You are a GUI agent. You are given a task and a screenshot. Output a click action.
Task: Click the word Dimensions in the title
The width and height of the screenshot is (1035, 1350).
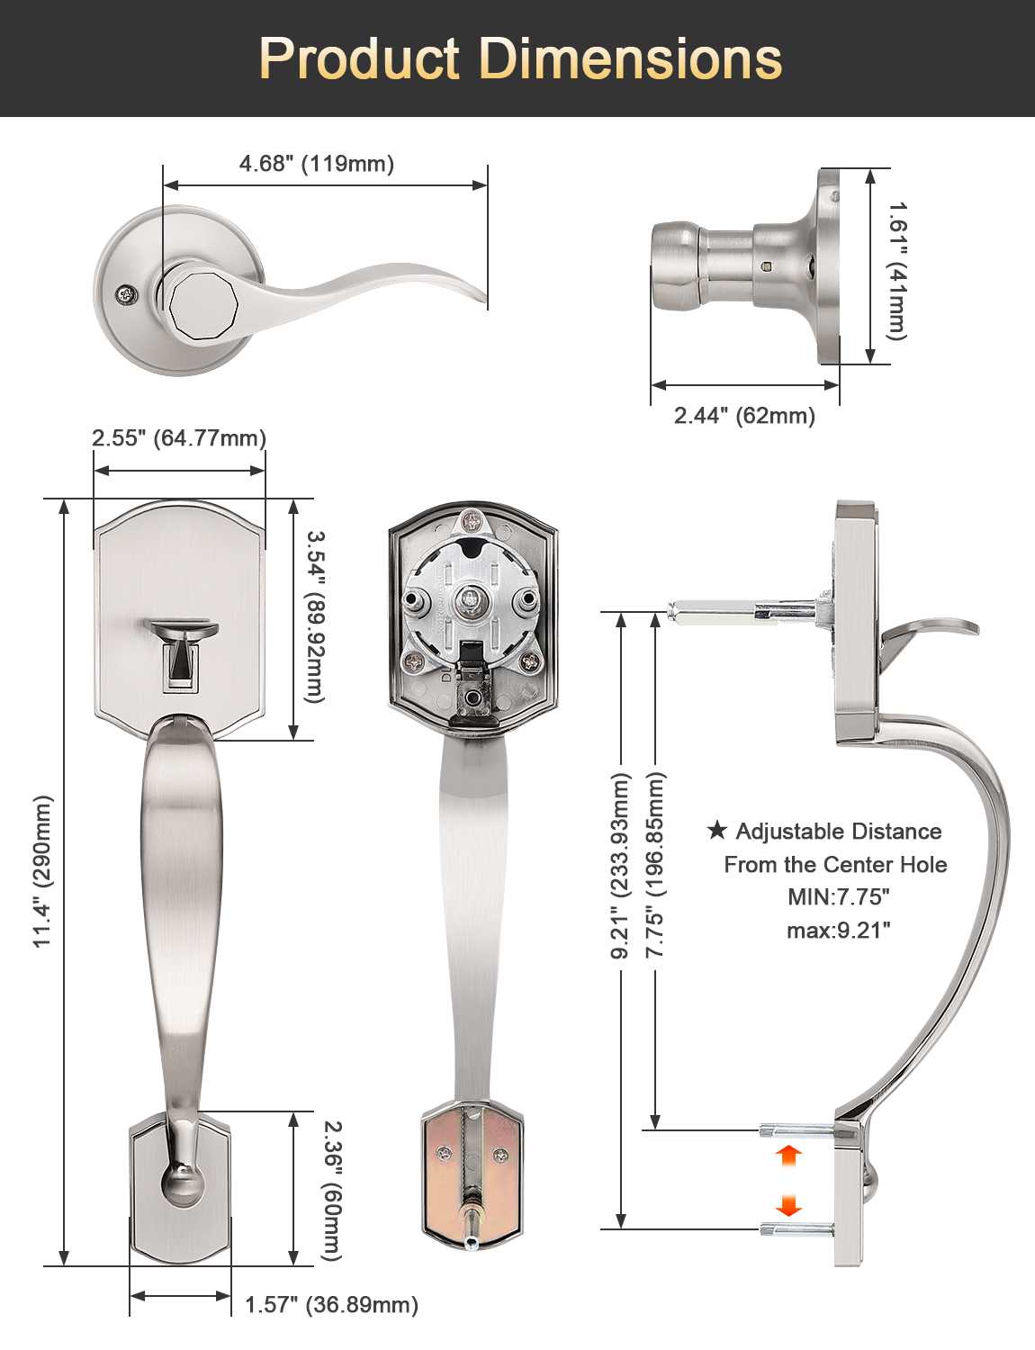point(631,59)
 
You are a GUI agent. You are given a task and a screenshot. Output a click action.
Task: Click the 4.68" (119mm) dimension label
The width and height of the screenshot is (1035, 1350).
point(317,164)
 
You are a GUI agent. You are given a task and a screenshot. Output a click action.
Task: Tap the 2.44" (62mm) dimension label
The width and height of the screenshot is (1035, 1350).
point(744,416)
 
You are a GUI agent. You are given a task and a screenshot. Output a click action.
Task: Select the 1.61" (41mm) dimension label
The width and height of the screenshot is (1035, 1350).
point(897,271)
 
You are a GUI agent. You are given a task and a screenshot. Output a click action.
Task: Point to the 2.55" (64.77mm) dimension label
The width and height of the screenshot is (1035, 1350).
point(179,438)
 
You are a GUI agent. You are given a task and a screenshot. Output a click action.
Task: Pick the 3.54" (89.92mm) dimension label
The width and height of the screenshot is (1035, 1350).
point(314,616)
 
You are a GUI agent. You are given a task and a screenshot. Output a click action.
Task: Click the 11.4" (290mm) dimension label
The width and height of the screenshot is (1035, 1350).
point(43,871)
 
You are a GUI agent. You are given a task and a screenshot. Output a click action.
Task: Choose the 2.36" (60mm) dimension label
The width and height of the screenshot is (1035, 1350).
point(332,1190)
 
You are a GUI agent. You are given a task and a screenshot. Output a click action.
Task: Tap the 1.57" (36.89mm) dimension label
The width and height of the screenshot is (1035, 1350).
point(331,1305)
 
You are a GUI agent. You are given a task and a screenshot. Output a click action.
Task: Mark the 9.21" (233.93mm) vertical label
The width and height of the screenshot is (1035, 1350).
point(620,865)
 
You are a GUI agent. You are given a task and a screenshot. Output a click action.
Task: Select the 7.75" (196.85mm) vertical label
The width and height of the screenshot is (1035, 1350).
point(655,865)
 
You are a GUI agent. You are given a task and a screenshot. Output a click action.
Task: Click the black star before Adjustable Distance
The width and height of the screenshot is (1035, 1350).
point(716,830)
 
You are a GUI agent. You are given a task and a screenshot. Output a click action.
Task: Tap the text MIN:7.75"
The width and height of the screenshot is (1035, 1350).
point(838,897)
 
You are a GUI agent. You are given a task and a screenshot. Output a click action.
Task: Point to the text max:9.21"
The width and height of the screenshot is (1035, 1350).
point(838,931)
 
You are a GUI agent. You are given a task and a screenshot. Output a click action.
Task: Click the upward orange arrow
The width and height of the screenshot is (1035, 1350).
point(788,1155)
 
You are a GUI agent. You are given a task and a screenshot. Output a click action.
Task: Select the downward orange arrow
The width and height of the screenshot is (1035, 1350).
point(788,1206)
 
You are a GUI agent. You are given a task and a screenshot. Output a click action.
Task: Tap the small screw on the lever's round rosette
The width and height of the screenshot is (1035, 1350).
point(127,295)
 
